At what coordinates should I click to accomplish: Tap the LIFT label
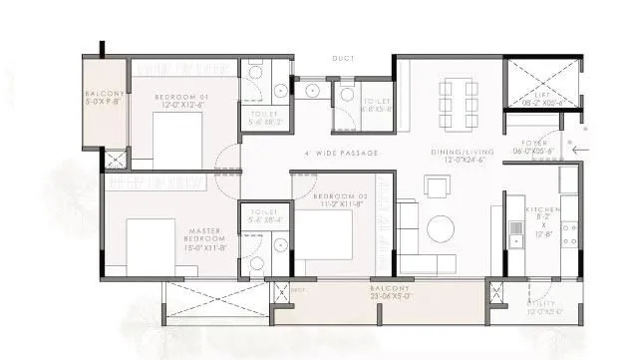pyautogui.click(x=542, y=94)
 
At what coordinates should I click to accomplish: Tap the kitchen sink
pyautogui.click(x=516, y=232)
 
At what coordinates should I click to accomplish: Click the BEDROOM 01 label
pyautogui.click(x=179, y=97)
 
